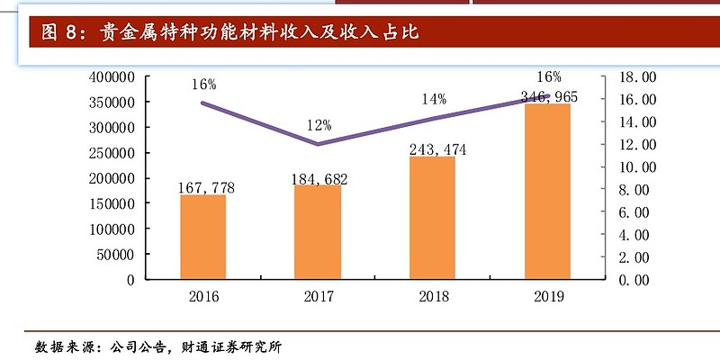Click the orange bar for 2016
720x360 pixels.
tap(202, 237)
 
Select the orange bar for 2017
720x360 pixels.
tap(317, 232)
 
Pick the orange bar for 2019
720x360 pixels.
tap(546, 192)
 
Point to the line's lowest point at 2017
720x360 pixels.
tap(317, 144)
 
